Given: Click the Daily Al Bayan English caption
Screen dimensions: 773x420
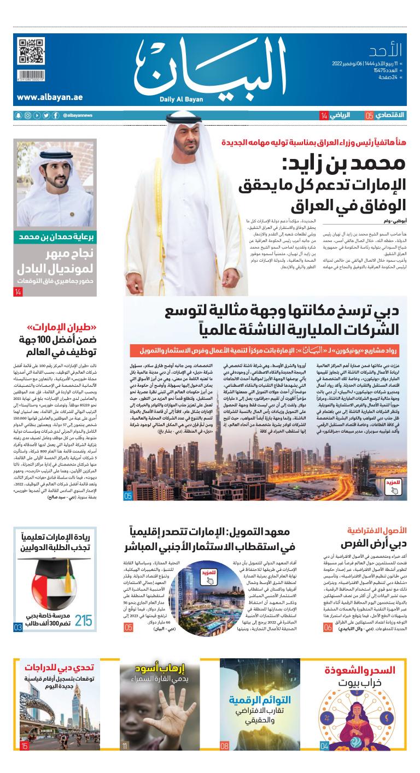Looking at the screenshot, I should coord(174,99).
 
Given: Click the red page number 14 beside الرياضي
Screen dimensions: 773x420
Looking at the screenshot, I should coord(324,115).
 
